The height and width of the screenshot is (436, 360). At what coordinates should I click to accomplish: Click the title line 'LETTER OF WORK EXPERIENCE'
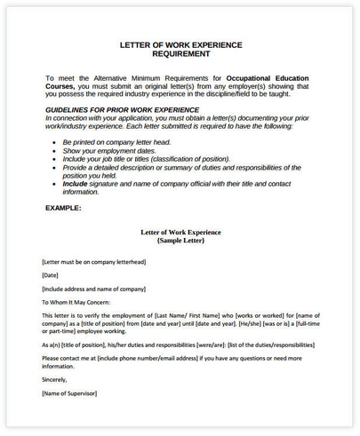(180, 44)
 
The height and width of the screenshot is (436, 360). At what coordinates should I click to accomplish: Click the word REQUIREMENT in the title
(180, 53)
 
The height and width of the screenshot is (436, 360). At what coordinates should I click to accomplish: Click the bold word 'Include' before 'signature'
(76, 184)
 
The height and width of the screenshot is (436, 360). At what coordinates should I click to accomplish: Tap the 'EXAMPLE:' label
(63, 209)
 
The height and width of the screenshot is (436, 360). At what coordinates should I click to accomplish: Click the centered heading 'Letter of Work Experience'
(180, 233)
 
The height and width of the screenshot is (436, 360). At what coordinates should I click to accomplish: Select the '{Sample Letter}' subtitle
(180, 241)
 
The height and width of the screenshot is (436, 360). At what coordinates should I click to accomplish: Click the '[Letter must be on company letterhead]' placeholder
(93, 263)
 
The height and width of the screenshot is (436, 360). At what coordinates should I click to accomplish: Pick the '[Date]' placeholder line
(51, 276)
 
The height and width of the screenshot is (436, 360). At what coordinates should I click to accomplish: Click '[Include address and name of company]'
(92, 289)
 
